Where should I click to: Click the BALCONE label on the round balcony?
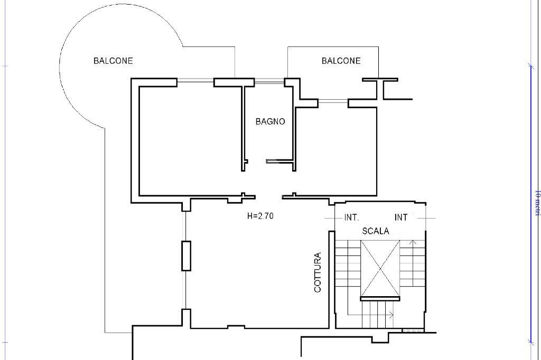point(113,61)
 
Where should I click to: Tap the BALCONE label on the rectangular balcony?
point(341,61)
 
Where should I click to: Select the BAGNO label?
point(270,121)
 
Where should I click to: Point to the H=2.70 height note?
point(260,215)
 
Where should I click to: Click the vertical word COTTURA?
point(318,272)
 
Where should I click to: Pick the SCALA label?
point(376,231)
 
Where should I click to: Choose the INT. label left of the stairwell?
point(351,217)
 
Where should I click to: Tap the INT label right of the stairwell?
point(401,217)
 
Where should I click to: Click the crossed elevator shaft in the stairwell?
point(380,268)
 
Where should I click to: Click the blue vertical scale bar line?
point(530,203)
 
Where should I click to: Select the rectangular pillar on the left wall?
point(186,255)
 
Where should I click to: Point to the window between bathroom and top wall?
point(269,82)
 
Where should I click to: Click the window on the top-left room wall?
point(195,81)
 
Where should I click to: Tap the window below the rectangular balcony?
point(333,101)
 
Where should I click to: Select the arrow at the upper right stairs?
point(413,242)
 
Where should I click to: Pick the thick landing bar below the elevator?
point(380,299)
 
